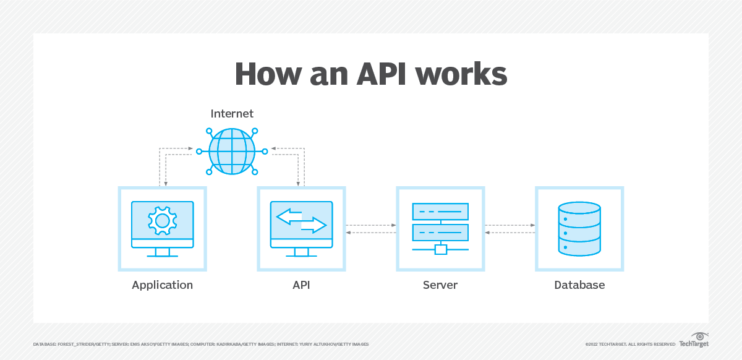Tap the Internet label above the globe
(232, 114)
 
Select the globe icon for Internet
(232, 151)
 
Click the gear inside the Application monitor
(162, 220)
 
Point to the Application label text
(162, 285)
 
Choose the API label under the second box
(301, 285)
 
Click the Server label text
(440, 285)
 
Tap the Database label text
(579, 285)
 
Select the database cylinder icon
(579, 229)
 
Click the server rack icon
(440, 223)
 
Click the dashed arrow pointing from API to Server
(371, 225)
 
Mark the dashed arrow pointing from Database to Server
(510, 233)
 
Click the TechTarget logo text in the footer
(694, 344)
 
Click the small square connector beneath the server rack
(440, 249)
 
